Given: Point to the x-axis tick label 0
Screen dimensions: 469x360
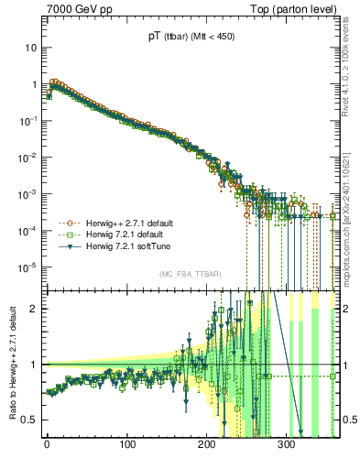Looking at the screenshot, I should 47,444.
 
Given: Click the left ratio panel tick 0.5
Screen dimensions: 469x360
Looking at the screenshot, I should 32,420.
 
